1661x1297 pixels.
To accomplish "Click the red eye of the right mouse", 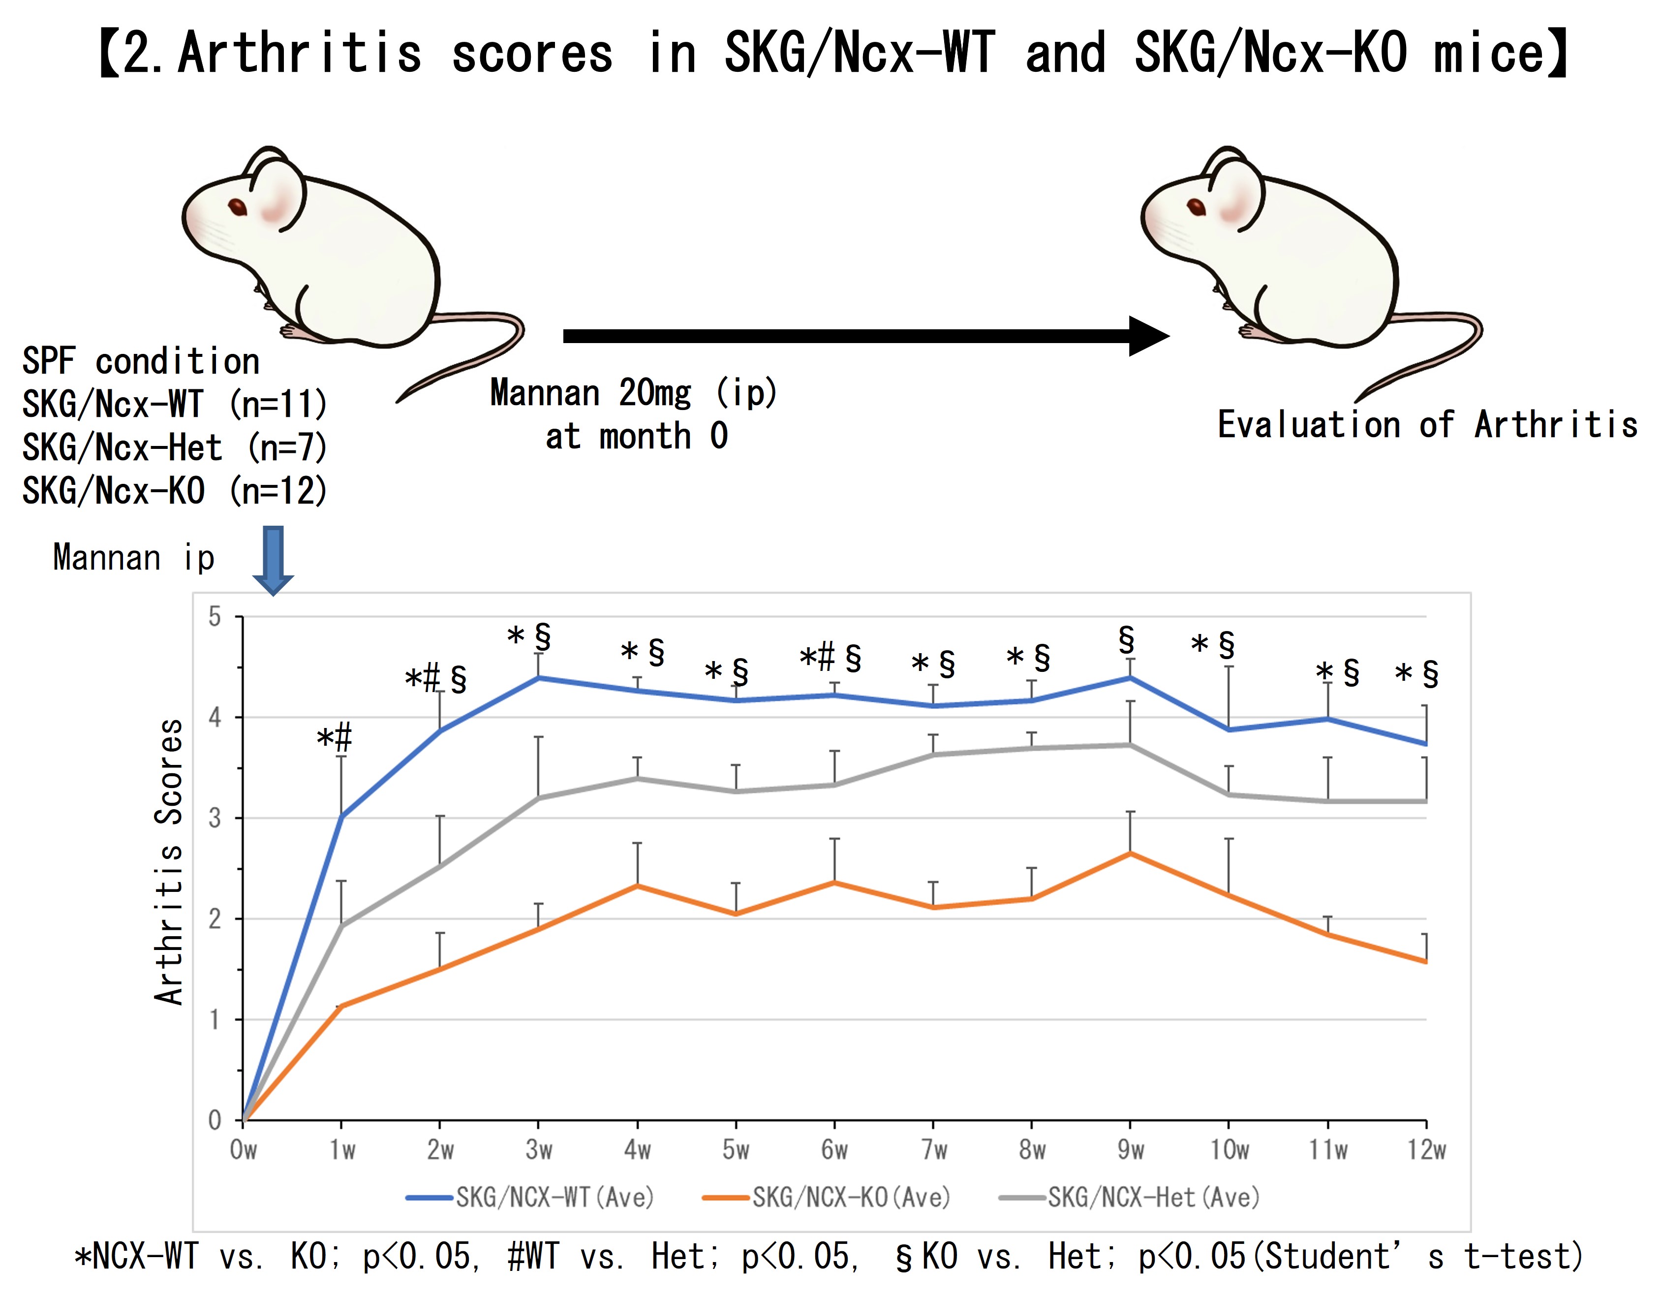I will (1197, 207).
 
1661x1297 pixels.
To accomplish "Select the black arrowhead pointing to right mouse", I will (1148, 336).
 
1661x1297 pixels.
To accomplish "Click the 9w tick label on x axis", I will (1130, 1149).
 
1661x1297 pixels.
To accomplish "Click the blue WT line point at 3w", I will (538, 677).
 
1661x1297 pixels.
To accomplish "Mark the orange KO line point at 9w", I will (1130, 854).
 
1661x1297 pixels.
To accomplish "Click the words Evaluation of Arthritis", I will (1427, 424).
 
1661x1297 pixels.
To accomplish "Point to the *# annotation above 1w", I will (335, 738).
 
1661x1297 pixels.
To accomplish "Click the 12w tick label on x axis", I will (1426, 1149).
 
